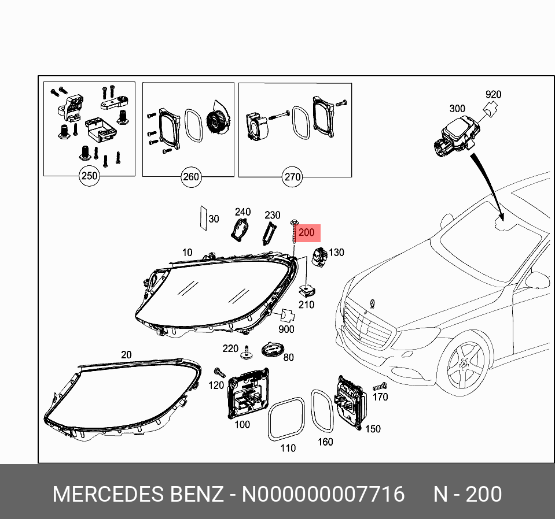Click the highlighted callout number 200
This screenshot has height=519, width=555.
pos(306,233)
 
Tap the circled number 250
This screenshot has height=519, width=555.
pos(89,176)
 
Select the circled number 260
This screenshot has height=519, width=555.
pos(190,177)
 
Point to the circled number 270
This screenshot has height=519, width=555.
pos(292,177)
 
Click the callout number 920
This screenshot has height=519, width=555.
pos(493,95)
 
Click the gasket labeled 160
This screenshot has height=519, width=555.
pos(322,411)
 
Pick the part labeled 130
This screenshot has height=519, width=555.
pos(319,255)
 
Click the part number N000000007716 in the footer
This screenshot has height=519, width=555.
pos(323,495)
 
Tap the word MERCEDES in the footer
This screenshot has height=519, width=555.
pos(108,495)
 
